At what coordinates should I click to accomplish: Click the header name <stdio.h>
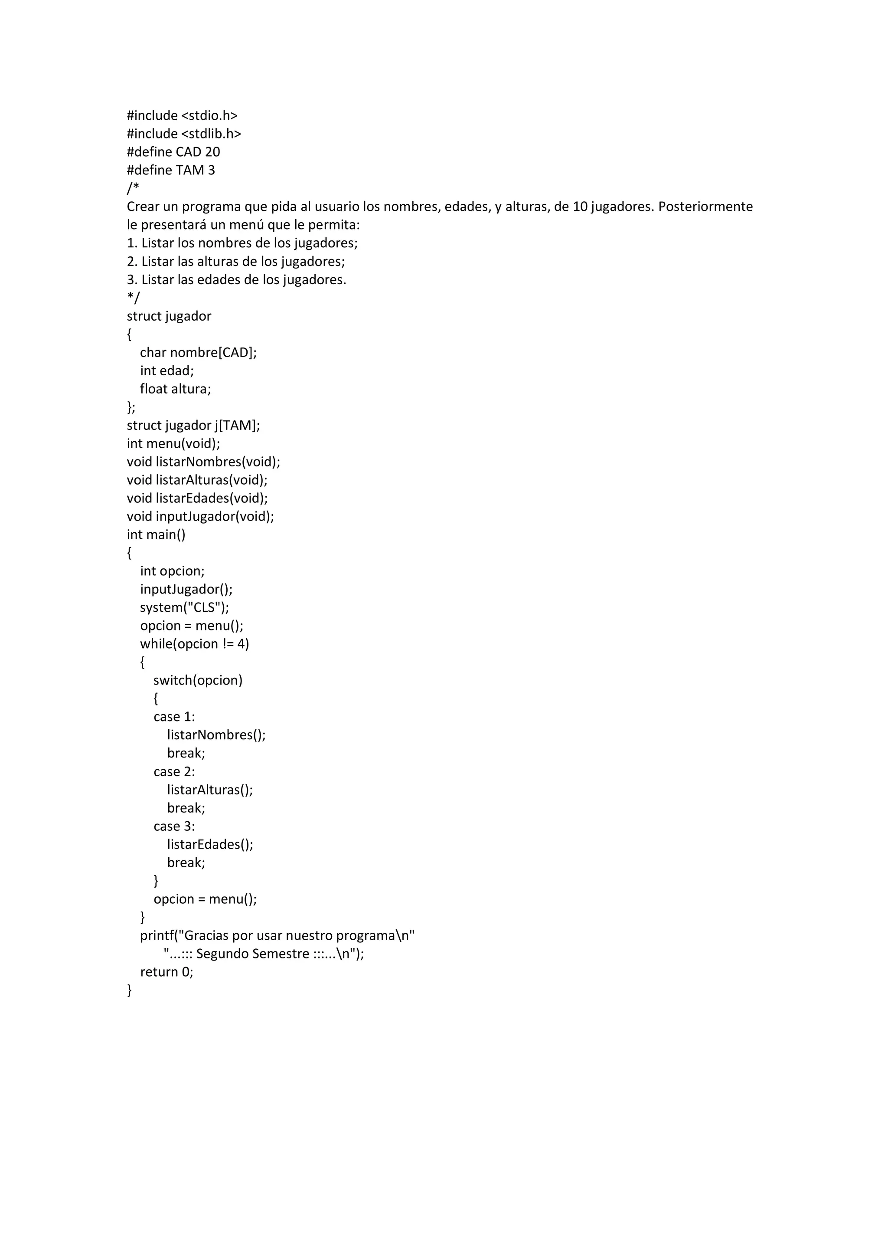point(209,115)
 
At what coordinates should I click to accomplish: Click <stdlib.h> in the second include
point(211,134)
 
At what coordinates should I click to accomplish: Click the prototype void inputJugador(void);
point(200,516)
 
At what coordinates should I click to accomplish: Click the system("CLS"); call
point(184,607)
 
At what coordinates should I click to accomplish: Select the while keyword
point(156,644)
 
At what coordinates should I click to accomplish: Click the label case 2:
point(174,771)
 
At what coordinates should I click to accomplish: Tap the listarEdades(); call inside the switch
point(210,844)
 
